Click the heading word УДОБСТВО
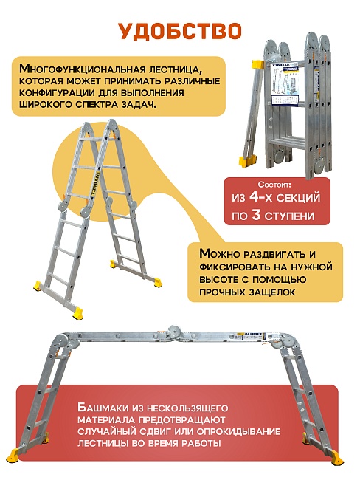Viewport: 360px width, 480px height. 179,30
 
